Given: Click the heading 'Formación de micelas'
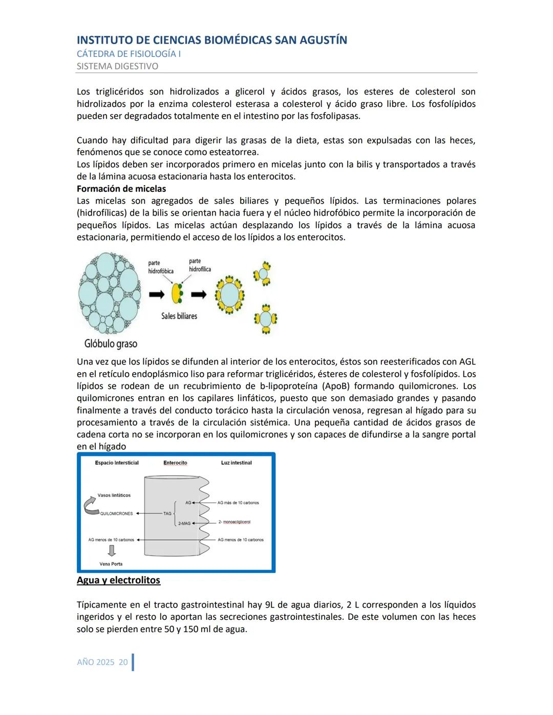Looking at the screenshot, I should click(x=121, y=189).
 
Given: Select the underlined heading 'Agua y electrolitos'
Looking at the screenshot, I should click(x=118, y=580).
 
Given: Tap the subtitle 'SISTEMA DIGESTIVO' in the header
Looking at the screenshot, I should click(x=117, y=66).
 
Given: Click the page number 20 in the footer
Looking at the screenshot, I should click(x=123, y=662).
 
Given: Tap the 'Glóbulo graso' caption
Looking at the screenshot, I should click(x=111, y=343).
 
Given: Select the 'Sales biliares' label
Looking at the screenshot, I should click(x=179, y=316).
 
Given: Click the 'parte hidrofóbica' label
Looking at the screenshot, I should click(x=160, y=267).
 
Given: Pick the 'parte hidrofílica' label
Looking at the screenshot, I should click(x=200, y=265).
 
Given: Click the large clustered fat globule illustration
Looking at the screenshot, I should click(x=109, y=294).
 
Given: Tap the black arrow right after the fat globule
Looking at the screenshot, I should click(x=157, y=294).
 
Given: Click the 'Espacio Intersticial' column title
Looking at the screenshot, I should click(x=117, y=463).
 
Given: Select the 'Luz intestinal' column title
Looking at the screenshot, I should click(x=236, y=463).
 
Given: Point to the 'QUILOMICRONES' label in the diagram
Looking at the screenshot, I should click(x=117, y=513).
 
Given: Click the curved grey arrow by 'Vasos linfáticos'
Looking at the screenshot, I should click(x=92, y=506).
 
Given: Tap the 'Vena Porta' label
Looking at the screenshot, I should click(x=111, y=564).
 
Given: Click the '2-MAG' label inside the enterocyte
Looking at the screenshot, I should click(x=184, y=524).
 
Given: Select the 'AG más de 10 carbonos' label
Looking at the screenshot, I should click(x=238, y=503).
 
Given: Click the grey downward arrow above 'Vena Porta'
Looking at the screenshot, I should click(x=111, y=551).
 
